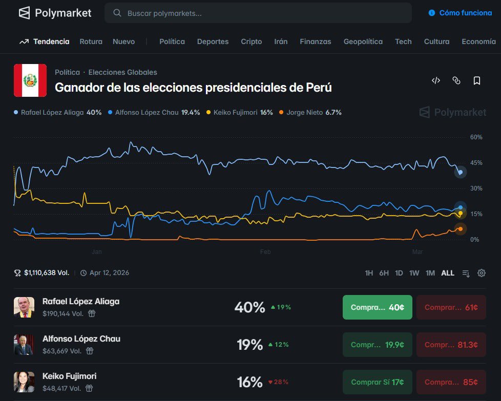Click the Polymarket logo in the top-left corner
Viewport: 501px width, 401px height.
coord(55,13)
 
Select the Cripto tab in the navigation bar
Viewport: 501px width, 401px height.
coord(251,41)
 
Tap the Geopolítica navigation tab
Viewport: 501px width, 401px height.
coord(363,41)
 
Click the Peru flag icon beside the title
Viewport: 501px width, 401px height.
coord(30,80)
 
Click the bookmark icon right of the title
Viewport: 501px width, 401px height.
coord(476,80)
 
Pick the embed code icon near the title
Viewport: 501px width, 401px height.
coord(436,80)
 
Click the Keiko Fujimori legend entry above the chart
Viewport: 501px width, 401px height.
coord(239,112)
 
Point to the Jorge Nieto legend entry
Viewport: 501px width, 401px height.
coord(310,112)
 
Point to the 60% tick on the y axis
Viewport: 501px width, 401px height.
coord(476,137)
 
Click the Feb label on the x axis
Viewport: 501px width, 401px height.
coord(265,252)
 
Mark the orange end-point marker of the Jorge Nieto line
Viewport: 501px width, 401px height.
coord(460,229)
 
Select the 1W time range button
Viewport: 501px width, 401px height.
coord(414,273)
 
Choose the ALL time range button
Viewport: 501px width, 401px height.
coord(448,273)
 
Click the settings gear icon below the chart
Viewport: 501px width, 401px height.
coord(481,273)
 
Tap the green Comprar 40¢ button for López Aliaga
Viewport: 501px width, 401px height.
coord(377,307)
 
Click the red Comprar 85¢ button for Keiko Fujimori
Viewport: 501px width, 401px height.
coord(451,382)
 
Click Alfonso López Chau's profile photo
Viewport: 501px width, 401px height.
coord(24,345)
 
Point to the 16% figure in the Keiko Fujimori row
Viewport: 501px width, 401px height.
coord(250,382)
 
